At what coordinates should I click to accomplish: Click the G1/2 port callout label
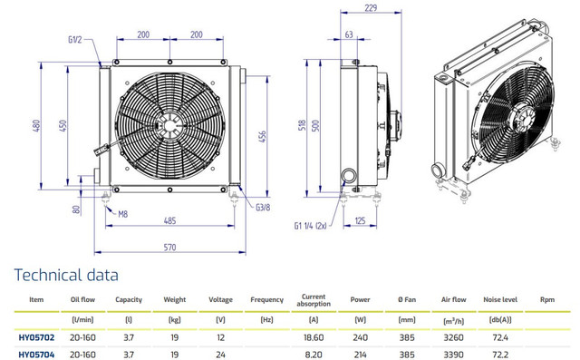74,40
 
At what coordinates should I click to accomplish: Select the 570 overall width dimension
169,248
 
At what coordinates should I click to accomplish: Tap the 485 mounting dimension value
169,221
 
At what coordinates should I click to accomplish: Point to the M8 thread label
123,214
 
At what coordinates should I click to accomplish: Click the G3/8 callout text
263,207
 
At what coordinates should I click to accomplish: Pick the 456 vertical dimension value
262,137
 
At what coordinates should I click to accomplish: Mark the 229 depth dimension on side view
371,8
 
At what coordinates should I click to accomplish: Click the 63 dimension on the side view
349,34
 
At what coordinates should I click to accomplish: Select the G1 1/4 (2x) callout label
310,226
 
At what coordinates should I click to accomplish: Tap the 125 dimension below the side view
360,221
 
